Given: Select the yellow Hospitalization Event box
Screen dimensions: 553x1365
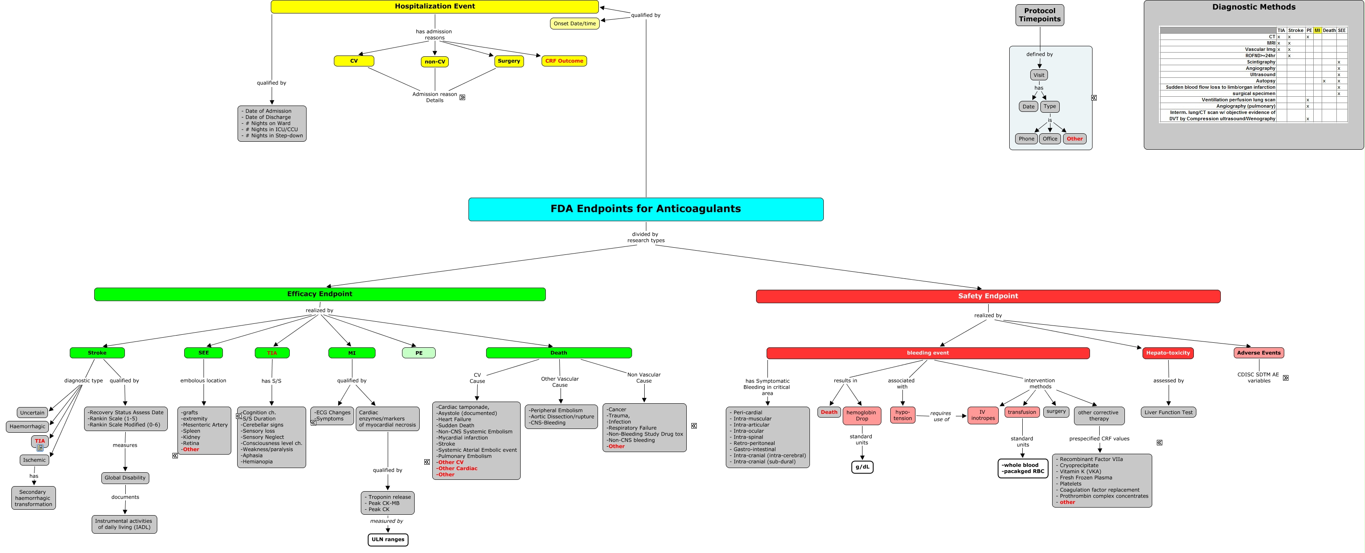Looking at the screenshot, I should [434, 6].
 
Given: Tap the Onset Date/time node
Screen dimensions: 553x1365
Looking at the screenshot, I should [574, 23].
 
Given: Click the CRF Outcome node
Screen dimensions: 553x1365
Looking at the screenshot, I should [564, 61].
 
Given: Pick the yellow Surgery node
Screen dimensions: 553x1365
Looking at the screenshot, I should [509, 61].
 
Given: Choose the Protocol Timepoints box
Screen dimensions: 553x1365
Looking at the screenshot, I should [1039, 15].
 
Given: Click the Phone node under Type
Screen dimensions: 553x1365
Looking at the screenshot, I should [1026, 139].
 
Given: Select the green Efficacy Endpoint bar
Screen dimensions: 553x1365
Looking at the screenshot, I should [320, 294].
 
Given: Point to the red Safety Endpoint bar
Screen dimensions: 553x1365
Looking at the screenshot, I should [988, 296].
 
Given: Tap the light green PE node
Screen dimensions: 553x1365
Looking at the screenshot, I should [418, 353].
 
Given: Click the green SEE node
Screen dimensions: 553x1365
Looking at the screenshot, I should [204, 353].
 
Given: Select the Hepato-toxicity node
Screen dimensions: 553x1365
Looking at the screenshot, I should [1168, 353].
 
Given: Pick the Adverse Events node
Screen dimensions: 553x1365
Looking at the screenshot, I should [1259, 353].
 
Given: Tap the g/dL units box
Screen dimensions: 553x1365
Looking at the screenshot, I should [862, 467].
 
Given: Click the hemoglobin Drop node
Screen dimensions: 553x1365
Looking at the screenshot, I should [861, 415].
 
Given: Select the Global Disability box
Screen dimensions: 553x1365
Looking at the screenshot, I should [125, 478].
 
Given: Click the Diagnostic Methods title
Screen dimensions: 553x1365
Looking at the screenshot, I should [1253, 7].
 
